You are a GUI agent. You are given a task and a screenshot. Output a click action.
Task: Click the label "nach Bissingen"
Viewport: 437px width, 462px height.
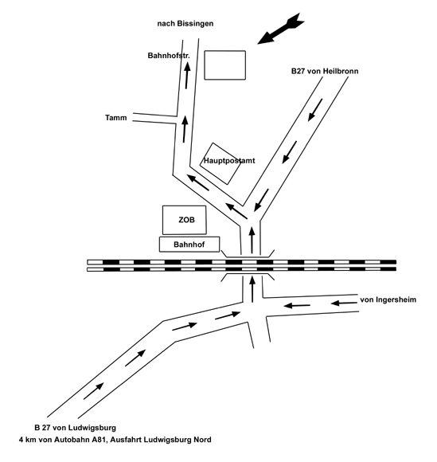click(x=185, y=24)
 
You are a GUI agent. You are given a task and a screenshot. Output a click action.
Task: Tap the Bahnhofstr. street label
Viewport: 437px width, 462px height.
click(x=169, y=56)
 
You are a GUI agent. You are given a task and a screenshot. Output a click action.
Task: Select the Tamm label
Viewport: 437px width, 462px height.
click(x=116, y=118)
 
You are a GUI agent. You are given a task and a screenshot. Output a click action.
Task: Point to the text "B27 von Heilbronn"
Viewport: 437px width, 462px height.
click(x=325, y=71)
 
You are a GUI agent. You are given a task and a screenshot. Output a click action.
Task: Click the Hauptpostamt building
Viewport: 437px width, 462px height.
click(x=220, y=164)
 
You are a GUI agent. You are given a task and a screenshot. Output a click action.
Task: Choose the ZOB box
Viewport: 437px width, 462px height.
click(x=185, y=220)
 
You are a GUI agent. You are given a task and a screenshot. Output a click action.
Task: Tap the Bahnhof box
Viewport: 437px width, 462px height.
click(x=189, y=245)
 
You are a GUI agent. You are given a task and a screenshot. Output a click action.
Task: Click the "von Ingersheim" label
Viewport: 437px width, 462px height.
click(x=388, y=300)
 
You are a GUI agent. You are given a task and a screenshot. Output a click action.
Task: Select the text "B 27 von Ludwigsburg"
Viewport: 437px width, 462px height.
click(x=75, y=428)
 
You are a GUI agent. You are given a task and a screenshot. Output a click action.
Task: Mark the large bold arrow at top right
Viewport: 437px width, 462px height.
click(x=281, y=29)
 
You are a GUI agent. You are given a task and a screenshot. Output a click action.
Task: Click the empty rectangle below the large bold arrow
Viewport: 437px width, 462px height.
click(x=225, y=65)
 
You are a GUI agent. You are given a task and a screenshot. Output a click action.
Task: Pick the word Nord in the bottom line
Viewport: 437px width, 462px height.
click(x=202, y=440)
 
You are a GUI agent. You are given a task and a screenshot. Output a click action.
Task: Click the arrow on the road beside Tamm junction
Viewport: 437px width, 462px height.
click(x=185, y=129)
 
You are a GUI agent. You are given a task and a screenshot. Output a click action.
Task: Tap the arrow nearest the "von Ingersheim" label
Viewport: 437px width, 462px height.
click(x=344, y=303)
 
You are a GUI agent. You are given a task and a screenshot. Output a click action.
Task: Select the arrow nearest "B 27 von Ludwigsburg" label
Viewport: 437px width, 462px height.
click(x=94, y=391)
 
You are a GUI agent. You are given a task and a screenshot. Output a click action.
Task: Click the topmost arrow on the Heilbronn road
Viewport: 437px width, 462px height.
click(x=315, y=110)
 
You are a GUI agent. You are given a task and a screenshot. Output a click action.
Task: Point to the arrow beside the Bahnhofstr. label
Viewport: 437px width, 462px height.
click(x=187, y=76)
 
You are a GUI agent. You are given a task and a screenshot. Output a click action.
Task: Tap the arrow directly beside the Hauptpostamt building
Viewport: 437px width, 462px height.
click(x=198, y=182)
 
